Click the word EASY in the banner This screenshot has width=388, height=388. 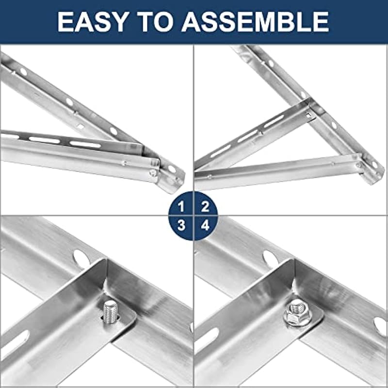click(92, 21)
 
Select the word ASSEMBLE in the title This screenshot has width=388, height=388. click(256, 21)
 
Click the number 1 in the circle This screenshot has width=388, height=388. click(181, 207)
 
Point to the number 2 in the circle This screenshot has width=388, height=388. click(205, 207)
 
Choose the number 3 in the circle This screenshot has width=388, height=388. click(181, 226)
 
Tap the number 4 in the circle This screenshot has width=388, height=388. click(205, 226)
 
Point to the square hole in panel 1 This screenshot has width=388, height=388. click(81, 127)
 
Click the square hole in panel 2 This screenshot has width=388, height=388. click(308, 115)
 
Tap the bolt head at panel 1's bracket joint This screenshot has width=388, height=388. click(153, 173)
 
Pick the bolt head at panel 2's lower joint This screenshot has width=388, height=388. click(358, 165)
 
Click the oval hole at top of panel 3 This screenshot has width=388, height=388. click(81, 259)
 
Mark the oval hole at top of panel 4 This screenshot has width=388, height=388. click(271, 259)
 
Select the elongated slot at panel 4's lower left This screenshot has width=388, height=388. click(207, 341)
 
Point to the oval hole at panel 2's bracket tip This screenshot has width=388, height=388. click(374, 164)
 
